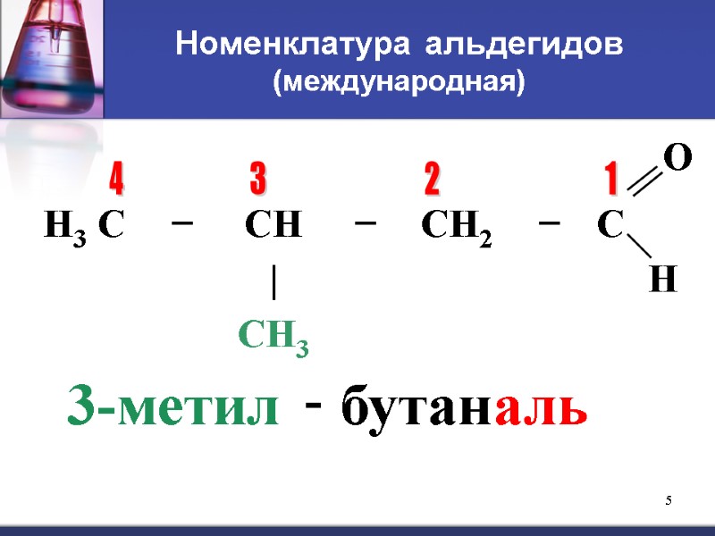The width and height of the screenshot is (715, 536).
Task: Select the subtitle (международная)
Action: tap(399, 82)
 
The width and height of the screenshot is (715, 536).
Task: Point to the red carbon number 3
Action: tap(257, 180)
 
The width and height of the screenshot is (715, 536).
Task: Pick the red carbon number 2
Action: tap(432, 181)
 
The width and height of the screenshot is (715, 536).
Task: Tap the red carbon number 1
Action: tap(611, 180)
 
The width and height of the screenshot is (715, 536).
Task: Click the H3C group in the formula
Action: tap(83, 227)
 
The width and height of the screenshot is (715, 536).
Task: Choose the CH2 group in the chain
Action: tap(456, 227)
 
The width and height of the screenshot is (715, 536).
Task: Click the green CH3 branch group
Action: tap(273, 338)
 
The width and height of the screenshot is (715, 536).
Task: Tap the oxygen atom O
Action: tap(678, 159)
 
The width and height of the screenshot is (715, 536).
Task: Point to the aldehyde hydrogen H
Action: tap(662, 281)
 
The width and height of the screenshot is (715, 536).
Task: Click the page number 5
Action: tap(668, 498)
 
